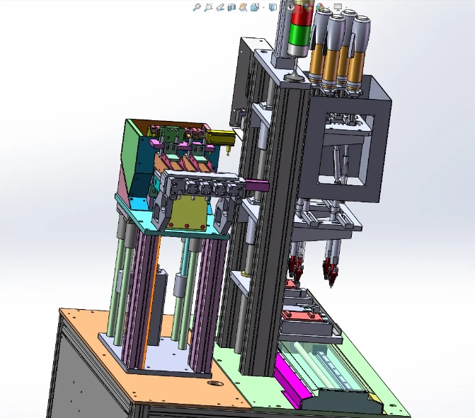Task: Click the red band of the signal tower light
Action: [298, 14]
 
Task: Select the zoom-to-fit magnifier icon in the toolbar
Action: [197, 7]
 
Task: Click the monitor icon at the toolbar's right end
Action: [338, 6]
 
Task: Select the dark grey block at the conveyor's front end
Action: [345, 400]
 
